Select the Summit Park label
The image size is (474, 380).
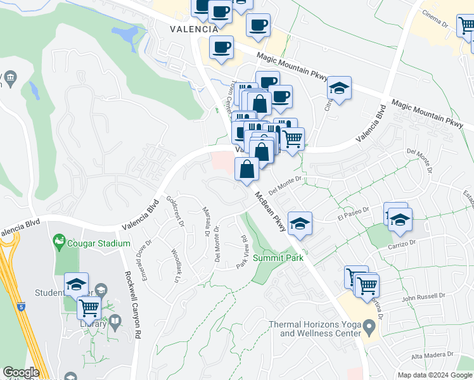pyautogui.click(x=278, y=258)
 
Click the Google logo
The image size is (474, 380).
pyautogui.click(x=20, y=372)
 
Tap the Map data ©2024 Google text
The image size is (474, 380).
pyautogui.click(x=435, y=375)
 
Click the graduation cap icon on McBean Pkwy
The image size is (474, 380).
pyautogui.click(x=300, y=223)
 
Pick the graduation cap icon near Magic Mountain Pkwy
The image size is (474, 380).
pyautogui.click(x=339, y=89)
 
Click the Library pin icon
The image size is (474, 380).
pyautogui.click(x=114, y=322)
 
